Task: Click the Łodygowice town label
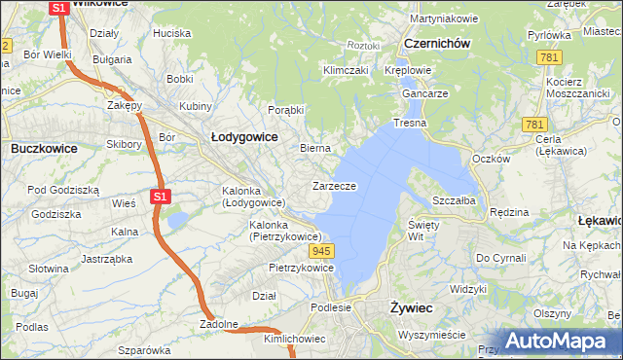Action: [x=244, y=137]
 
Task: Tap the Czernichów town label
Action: [x=437, y=44]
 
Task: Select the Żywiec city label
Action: [x=411, y=307]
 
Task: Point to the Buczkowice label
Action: [x=45, y=149]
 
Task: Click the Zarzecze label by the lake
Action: [x=334, y=186]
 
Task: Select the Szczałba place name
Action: [x=454, y=199]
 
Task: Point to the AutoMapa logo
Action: [x=556, y=341]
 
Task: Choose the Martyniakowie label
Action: [x=444, y=18]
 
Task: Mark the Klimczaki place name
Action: [x=345, y=71]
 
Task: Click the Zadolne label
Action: [x=219, y=323]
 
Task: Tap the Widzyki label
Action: [x=468, y=289]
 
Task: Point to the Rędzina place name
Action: [x=509, y=212]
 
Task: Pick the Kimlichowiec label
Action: [x=294, y=339]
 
